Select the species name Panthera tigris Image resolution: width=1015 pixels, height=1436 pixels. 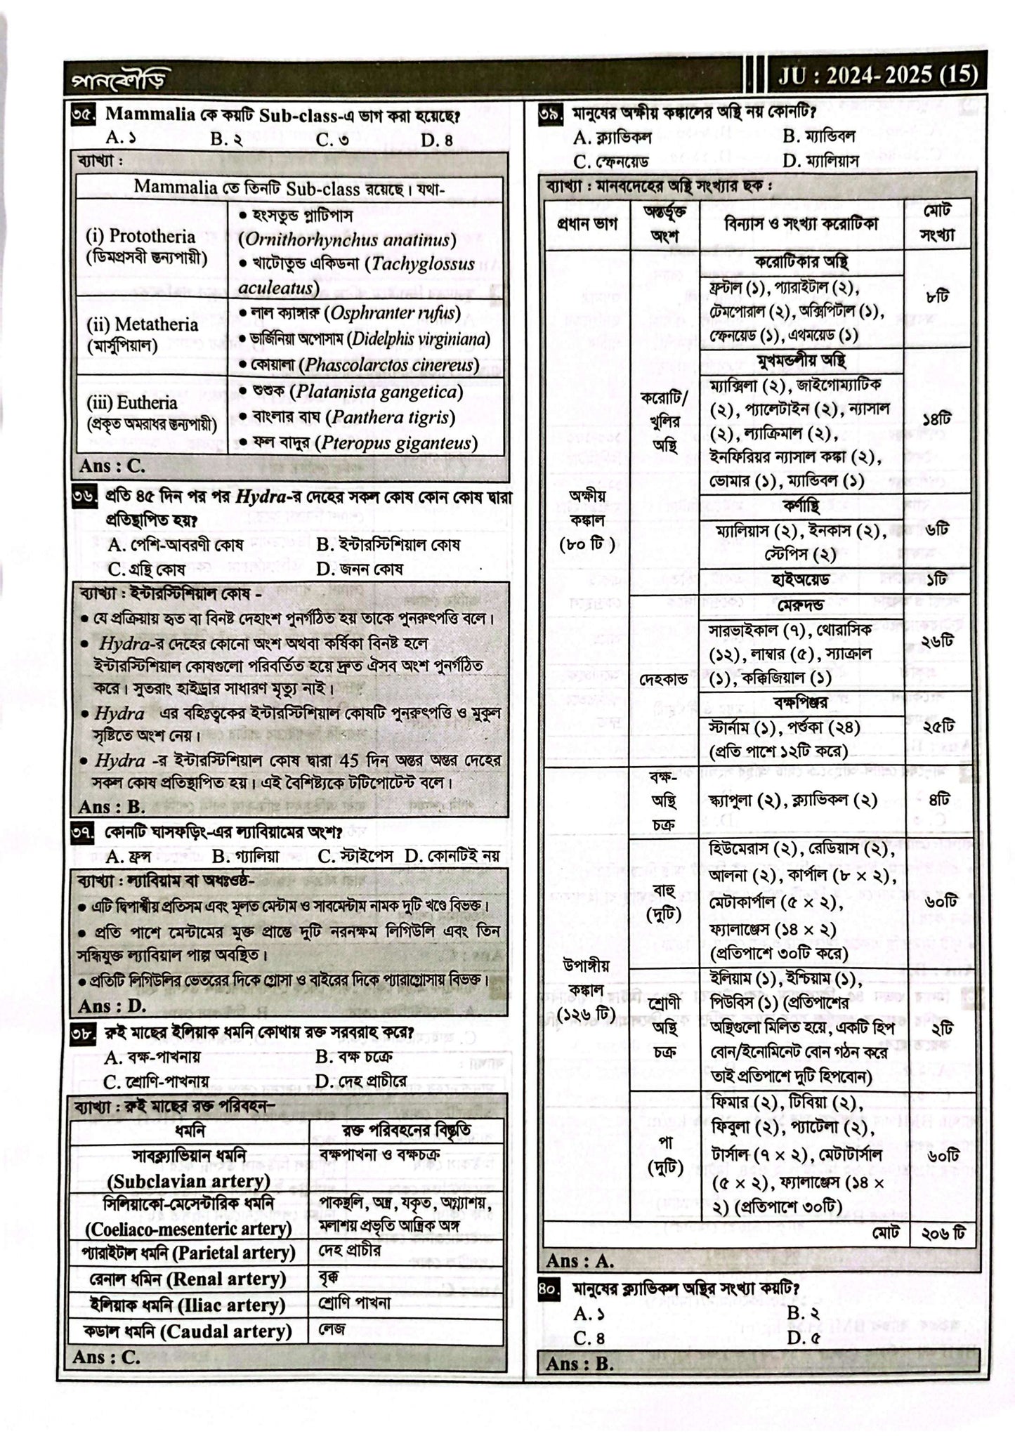(x=393, y=417)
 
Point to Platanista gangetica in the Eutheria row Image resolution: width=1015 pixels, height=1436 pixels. (x=376, y=391)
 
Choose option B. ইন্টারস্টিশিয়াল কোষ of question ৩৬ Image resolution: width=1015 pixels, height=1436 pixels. (x=388, y=544)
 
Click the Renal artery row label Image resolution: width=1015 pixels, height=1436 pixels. (x=189, y=1279)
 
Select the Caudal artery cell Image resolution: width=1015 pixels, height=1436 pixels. (x=188, y=1331)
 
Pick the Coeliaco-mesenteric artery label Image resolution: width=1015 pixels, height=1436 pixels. (x=189, y=1228)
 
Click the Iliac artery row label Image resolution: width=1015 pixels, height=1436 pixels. (x=188, y=1305)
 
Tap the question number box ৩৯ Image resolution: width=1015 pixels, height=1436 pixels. (x=550, y=114)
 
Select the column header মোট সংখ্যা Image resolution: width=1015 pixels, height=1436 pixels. (x=937, y=223)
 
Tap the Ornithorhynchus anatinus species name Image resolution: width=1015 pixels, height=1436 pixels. (x=347, y=240)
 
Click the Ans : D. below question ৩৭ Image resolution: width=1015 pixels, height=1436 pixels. (x=112, y=1006)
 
